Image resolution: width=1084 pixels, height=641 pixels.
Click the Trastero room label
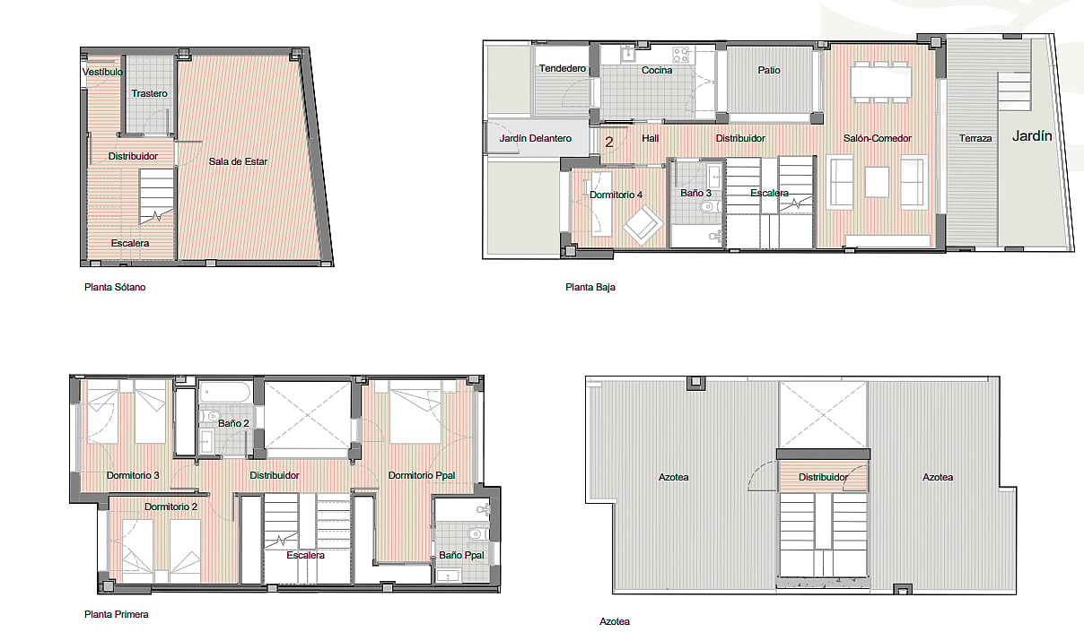pos(149,93)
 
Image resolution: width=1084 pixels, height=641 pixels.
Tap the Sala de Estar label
pos(238,161)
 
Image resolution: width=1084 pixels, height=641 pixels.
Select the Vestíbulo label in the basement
pos(102,72)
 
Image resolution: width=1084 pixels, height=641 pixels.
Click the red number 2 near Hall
pos(608,142)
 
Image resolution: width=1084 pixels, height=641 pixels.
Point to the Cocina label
pos(657,70)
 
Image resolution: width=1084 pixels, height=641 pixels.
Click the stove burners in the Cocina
pos(680,54)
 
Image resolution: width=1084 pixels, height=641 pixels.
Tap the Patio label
pos(769,70)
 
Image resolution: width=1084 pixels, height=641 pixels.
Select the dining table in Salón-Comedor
pos(881,82)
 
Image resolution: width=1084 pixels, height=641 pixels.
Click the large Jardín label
pos(1032,136)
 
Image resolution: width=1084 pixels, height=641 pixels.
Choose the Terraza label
pos(975,138)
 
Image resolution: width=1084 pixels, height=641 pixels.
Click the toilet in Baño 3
pos(710,207)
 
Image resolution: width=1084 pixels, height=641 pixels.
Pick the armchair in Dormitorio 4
pos(643,225)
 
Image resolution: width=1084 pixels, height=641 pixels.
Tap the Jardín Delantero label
pos(535,138)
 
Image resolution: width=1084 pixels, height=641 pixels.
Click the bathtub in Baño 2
pos(225,392)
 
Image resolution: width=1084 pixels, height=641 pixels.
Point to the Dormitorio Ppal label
pos(422,475)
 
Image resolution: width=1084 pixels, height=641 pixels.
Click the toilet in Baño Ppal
pos(476,534)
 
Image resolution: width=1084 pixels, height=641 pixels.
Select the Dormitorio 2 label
pos(170,507)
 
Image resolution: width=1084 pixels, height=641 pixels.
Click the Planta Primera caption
pos(116,614)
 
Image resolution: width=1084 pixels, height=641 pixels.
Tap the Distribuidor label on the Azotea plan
pos(823,477)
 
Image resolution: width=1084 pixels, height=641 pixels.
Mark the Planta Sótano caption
pos(115,287)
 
